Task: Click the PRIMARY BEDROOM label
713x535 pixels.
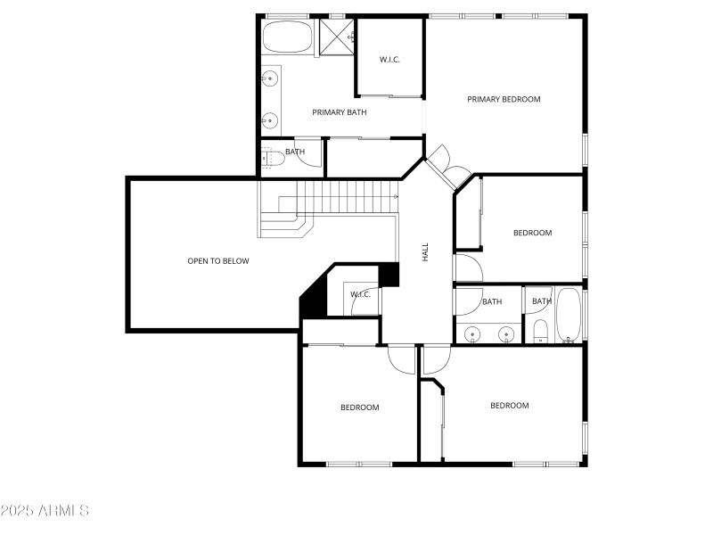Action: (x=504, y=99)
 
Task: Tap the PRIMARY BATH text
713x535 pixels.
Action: (x=339, y=112)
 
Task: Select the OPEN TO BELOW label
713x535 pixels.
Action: (x=217, y=261)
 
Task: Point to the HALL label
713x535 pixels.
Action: (x=425, y=252)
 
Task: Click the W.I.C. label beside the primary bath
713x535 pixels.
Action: (x=389, y=60)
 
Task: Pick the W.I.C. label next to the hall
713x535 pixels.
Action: (x=360, y=294)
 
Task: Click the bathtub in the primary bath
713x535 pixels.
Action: (x=288, y=38)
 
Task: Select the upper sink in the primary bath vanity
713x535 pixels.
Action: (x=268, y=80)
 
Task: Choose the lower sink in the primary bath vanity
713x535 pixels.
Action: (x=268, y=119)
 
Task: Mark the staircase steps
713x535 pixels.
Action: (x=343, y=195)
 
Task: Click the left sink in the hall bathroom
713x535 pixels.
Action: (x=471, y=335)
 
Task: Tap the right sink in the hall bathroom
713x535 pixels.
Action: (x=506, y=335)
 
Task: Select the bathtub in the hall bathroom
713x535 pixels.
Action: (x=569, y=315)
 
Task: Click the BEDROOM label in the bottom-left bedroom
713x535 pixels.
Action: (x=359, y=407)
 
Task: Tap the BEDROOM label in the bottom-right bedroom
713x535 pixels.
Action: (x=509, y=405)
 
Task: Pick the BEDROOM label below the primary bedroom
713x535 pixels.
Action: (x=532, y=233)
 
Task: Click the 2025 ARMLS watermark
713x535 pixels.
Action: (x=45, y=511)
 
